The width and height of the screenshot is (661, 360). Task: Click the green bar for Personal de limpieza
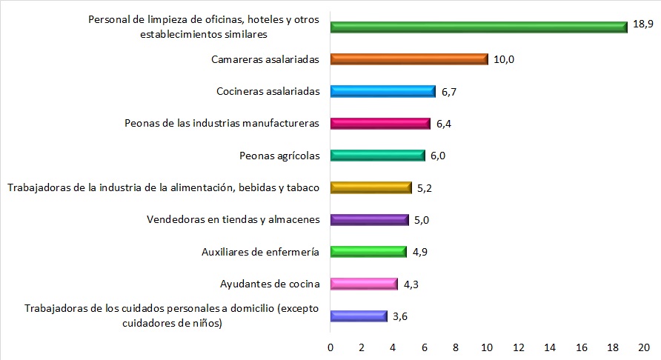[x=479, y=27]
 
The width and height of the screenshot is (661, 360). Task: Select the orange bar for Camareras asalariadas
[x=409, y=59]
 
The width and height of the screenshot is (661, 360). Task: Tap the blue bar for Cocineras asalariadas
[x=383, y=91]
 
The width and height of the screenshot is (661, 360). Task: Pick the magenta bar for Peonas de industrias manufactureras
[x=380, y=124]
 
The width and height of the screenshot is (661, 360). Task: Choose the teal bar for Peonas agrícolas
[x=377, y=156]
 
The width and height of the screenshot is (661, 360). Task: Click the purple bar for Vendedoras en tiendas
[x=369, y=219]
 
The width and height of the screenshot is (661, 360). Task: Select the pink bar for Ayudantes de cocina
[x=364, y=284]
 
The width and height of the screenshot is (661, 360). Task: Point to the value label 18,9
[x=643, y=24]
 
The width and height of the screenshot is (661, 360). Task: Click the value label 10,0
[x=504, y=59]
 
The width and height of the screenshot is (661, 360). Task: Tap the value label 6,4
[x=445, y=124]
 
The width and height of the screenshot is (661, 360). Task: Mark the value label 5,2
[x=425, y=188]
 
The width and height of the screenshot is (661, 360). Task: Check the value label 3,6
[x=400, y=316]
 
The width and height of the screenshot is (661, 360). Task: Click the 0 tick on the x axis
[x=330, y=346]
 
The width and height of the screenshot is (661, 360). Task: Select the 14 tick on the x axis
[x=549, y=346]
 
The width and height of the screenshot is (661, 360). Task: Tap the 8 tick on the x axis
[x=456, y=346]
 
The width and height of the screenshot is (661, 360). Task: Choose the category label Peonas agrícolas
[x=279, y=156]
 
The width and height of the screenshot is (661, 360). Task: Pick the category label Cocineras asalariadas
[x=268, y=91]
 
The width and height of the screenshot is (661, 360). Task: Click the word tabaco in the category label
[x=302, y=187]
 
